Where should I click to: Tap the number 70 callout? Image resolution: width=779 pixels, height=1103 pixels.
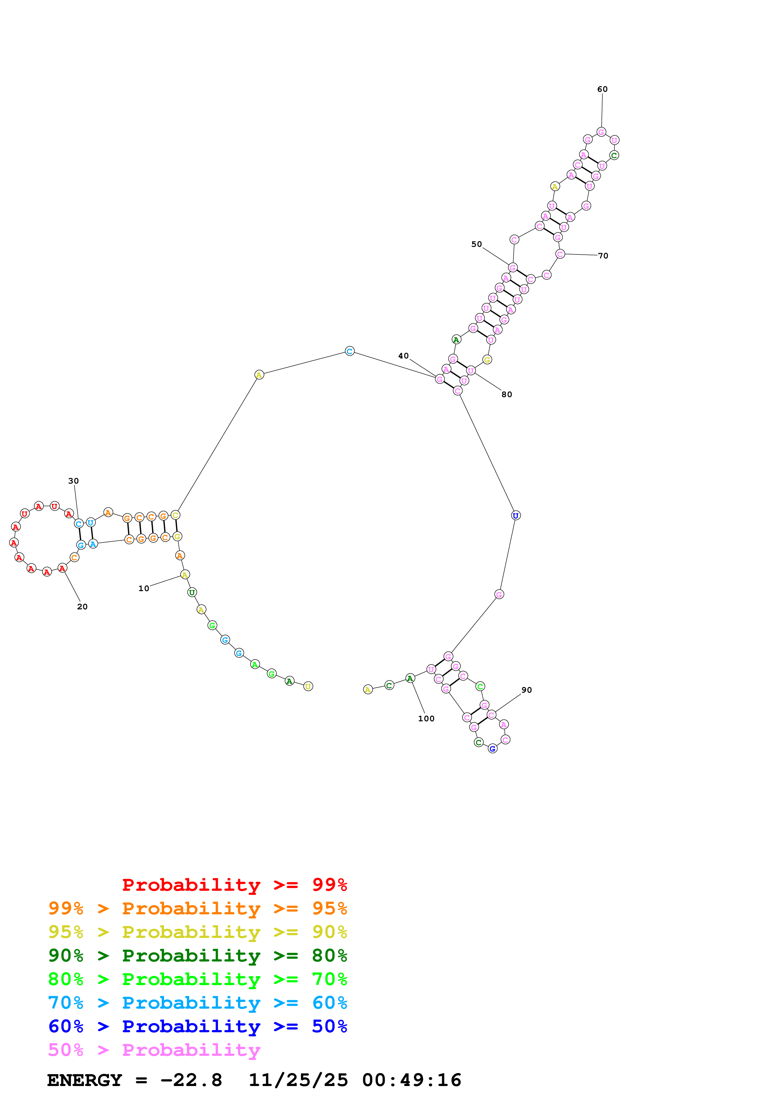pyautogui.click(x=603, y=256)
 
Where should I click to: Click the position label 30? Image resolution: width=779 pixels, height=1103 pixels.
pyautogui.click(x=74, y=481)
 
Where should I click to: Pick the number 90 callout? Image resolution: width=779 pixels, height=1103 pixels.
pyautogui.click(x=527, y=690)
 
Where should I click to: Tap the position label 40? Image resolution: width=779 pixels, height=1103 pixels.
pyautogui.click(x=403, y=356)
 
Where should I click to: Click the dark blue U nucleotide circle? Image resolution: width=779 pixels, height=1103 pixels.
pyautogui.click(x=515, y=515)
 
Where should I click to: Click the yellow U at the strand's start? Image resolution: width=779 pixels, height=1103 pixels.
pyautogui.click(x=308, y=686)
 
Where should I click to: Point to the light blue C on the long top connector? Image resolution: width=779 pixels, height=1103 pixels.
pyautogui.click(x=349, y=351)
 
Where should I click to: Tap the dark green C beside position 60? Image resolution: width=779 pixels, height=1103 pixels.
pyautogui.click(x=614, y=156)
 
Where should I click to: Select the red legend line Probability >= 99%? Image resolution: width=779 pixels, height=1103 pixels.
pyautogui.click(x=234, y=884)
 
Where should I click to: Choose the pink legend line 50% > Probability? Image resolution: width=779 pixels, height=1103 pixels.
pyautogui.click(x=154, y=1050)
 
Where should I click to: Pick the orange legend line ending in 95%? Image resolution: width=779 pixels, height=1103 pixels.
pyautogui.click(x=197, y=908)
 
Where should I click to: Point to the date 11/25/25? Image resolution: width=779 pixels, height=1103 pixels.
pyautogui.click(x=298, y=1080)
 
